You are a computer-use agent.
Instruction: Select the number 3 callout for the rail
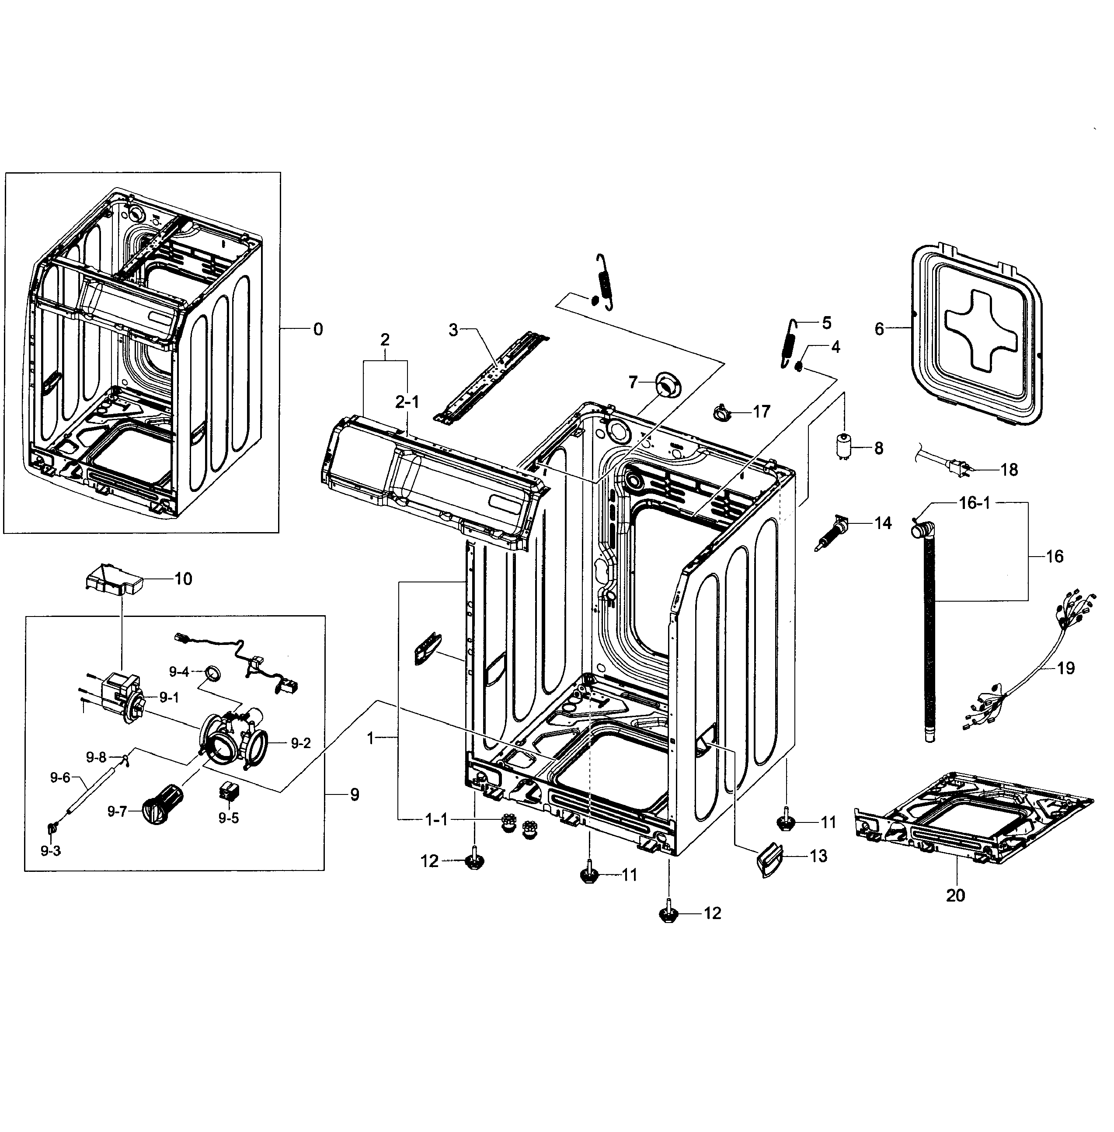tap(453, 330)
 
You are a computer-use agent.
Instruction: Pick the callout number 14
tap(883, 522)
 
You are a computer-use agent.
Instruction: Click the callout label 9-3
tap(50, 850)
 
